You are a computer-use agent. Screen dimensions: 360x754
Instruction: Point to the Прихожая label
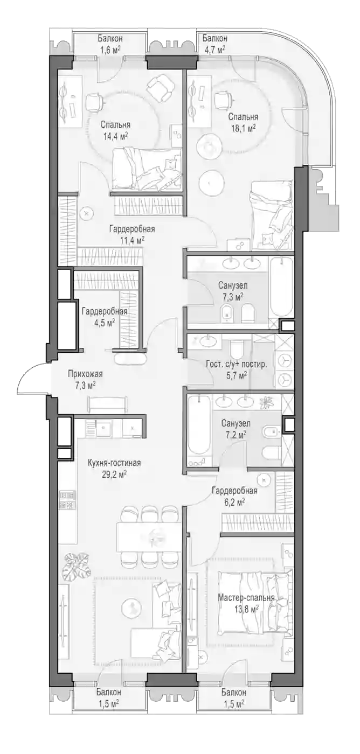tap(85, 374)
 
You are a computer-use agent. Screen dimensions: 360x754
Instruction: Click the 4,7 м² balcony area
tap(214, 49)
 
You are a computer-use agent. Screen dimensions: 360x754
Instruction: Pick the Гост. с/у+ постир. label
tap(237, 365)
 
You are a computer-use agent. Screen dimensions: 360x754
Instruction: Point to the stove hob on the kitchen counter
tap(67, 500)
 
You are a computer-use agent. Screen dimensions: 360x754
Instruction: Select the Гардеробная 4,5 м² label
tap(105, 317)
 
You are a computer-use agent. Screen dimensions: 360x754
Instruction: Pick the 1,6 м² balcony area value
tap(110, 49)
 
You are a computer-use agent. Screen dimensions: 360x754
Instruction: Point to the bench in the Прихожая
tap(108, 404)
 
